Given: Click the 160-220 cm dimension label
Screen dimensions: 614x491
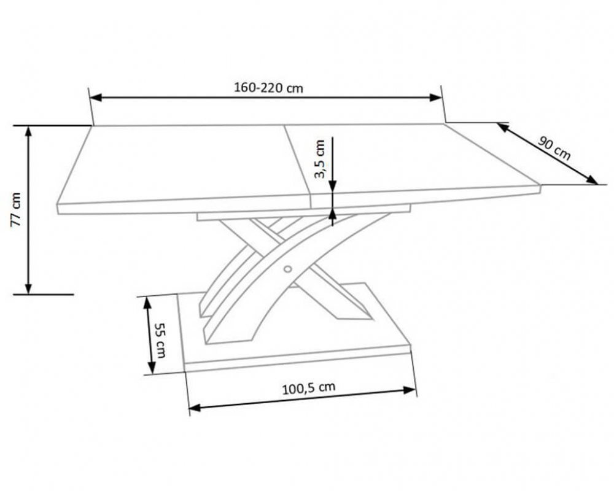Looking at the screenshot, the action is pyautogui.click(x=269, y=87).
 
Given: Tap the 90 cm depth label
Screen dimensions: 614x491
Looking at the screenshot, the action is pyautogui.click(x=554, y=147).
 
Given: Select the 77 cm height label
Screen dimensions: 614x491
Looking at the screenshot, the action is pyautogui.click(x=15, y=209).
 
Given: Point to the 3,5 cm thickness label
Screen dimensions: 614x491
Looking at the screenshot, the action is pyautogui.click(x=319, y=159).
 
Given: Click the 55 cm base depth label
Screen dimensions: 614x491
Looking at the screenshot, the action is pyautogui.click(x=160, y=340).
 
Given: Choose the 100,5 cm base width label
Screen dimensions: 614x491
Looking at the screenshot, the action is pyautogui.click(x=309, y=388).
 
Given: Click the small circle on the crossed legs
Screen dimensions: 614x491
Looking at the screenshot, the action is pyautogui.click(x=288, y=269).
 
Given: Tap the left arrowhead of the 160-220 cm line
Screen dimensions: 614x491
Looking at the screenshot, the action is pyautogui.click(x=96, y=98).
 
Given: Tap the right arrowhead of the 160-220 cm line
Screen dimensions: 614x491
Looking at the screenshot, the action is pyautogui.click(x=436, y=98).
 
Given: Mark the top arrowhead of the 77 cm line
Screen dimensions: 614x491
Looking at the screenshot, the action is pyautogui.click(x=28, y=131).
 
